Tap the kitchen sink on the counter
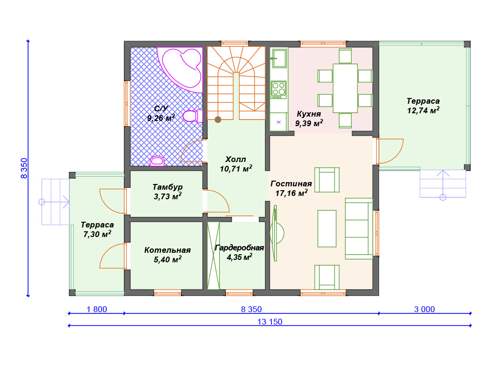(x=279, y=58)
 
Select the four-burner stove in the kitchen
(x=279, y=90)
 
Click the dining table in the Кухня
(x=345, y=88)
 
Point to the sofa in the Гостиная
(x=359, y=228)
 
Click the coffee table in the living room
(x=327, y=228)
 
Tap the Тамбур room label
(x=167, y=187)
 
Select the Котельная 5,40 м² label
(x=167, y=255)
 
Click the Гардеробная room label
(x=239, y=248)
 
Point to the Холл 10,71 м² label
(x=235, y=164)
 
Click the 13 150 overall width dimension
(x=270, y=322)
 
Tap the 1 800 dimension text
(x=97, y=309)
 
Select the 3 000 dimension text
(x=424, y=309)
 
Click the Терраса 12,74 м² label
(x=423, y=106)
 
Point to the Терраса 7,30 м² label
(x=97, y=229)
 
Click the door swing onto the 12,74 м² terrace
(x=390, y=151)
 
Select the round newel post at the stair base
(x=218, y=119)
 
